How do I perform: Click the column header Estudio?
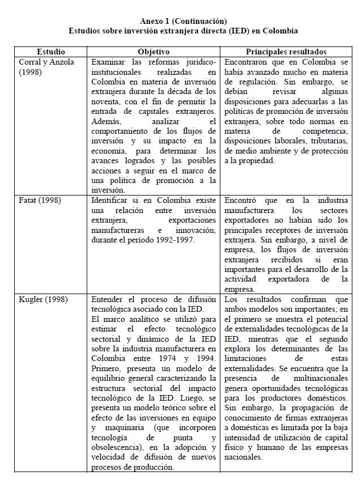[52, 52]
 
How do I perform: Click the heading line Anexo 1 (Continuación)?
[183, 21]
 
